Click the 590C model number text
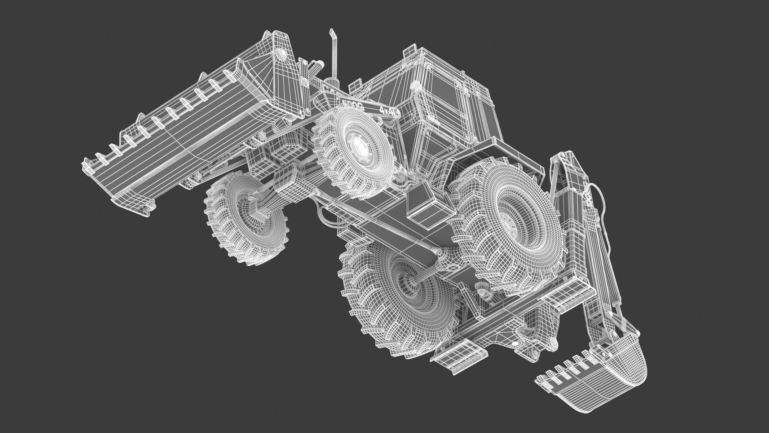point(352,105)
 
